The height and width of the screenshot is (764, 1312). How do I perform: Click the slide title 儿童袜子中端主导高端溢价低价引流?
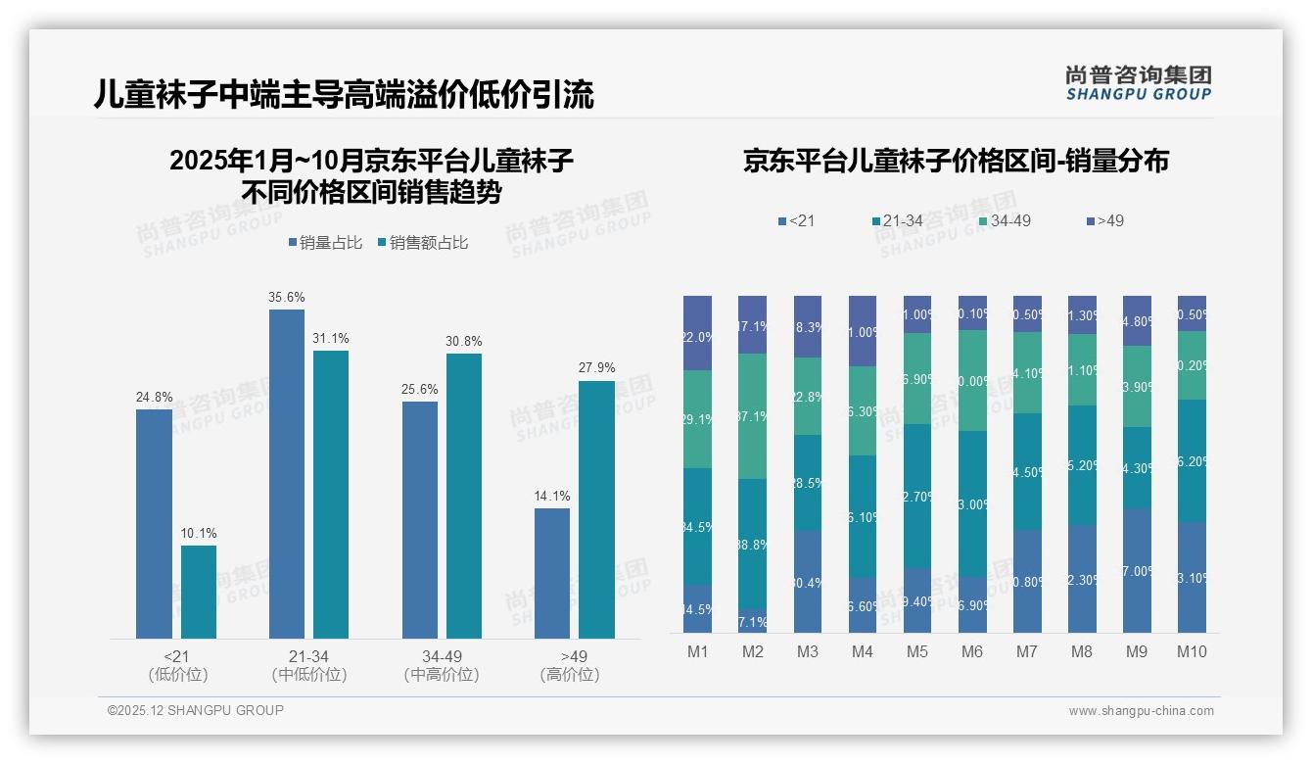pyautogui.click(x=344, y=95)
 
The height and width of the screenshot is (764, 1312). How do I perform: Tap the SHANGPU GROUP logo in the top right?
pyautogui.click(x=1138, y=82)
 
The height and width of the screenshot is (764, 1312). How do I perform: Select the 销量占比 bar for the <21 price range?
pyautogui.click(x=154, y=524)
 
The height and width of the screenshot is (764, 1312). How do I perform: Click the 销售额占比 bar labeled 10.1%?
pyautogui.click(x=199, y=592)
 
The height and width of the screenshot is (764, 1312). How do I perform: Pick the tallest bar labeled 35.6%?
pyautogui.click(x=287, y=474)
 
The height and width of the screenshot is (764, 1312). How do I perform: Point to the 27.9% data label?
pyautogui.click(x=597, y=368)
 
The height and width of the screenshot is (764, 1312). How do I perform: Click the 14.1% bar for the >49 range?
pyautogui.click(x=552, y=573)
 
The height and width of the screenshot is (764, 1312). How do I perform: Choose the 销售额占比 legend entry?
pyautogui.click(x=422, y=243)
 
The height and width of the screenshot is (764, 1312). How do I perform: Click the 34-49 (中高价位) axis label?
pyautogui.click(x=442, y=665)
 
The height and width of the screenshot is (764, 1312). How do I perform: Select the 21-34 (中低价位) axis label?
pyautogui.click(x=309, y=665)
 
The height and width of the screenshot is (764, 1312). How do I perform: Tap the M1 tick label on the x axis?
pyautogui.click(x=698, y=651)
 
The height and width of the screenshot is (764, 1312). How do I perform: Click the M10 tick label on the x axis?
pyautogui.click(x=1192, y=651)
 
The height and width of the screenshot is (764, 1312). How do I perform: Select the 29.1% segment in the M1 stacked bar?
pyautogui.click(x=698, y=419)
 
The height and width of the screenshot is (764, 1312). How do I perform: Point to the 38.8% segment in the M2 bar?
pyautogui.click(x=752, y=544)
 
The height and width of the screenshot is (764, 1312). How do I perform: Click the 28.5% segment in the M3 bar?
pyautogui.click(x=808, y=483)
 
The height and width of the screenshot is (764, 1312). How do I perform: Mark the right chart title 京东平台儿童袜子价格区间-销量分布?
pyautogui.click(x=956, y=162)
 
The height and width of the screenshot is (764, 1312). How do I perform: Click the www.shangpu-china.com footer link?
pyautogui.click(x=1141, y=711)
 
